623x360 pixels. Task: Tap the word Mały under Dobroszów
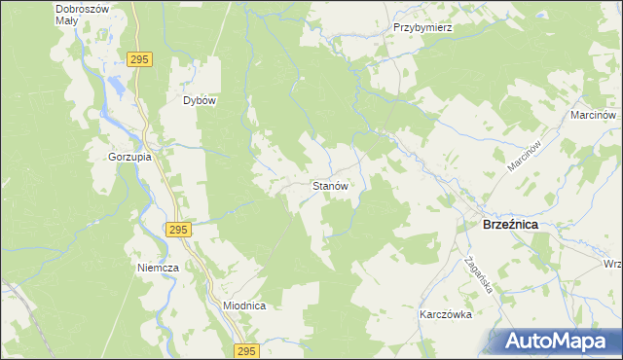point(67,19)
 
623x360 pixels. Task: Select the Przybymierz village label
point(423,28)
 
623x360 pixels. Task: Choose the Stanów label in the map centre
point(330,185)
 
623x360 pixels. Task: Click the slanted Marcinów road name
point(523,154)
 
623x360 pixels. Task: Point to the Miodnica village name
point(244,305)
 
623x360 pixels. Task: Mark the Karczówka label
point(445,315)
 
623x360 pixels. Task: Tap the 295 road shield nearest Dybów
point(139,60)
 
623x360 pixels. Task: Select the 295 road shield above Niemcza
point(177,230)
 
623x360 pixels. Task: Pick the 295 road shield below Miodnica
point(246,351)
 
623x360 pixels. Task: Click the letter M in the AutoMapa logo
point(568,342)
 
